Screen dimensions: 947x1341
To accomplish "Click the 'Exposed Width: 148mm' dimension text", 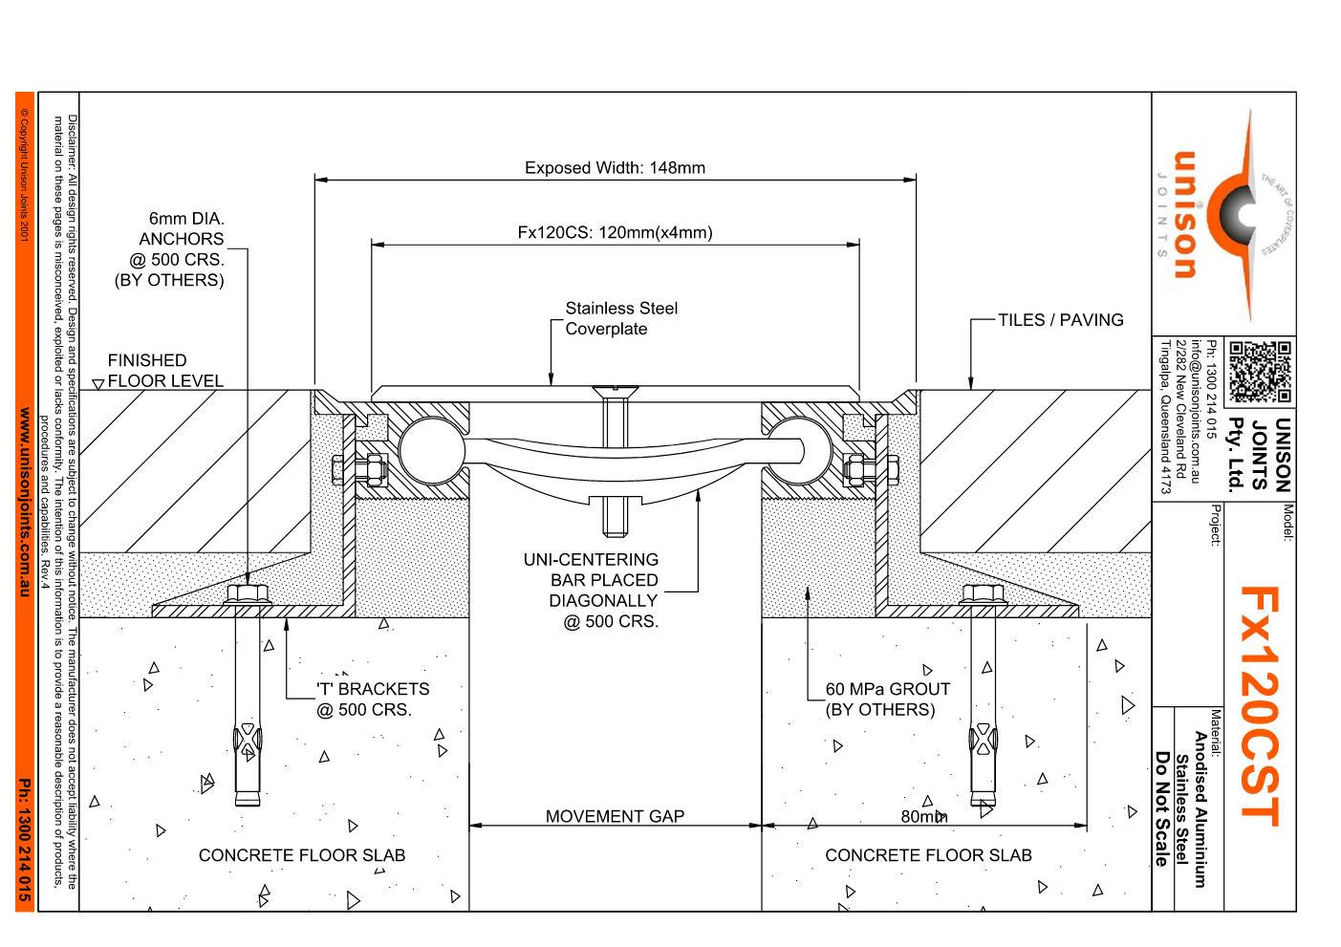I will pos(615,168).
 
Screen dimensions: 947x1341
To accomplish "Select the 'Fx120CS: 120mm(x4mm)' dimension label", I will pos(615,232).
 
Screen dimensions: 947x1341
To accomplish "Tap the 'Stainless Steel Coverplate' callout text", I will pos(620,318).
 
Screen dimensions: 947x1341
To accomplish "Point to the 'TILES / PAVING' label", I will pos(1060,320).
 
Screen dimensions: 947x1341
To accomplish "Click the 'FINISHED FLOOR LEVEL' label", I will pos(162,371).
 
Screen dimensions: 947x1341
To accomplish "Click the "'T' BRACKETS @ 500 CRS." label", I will pos(372,699).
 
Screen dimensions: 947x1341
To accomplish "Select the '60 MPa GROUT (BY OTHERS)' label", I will pos(887,699).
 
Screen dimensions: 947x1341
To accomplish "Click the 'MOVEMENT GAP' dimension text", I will pos(615,816).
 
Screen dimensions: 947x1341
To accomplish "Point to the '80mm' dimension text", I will pos(923,816).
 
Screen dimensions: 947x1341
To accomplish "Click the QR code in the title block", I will pos(1259,372).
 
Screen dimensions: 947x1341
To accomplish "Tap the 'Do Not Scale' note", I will pos(1162,808).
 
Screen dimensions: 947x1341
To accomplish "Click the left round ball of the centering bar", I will pos(424,446).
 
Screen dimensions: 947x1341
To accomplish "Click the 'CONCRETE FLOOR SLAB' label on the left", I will pos(301,855).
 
